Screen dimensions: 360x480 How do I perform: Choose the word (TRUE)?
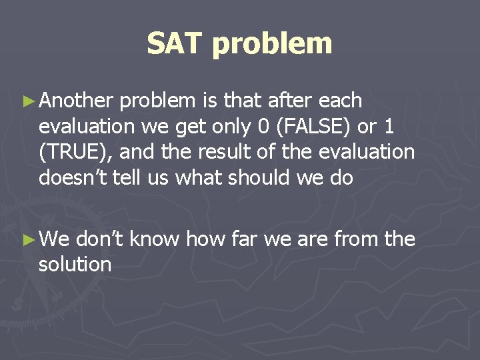coord(75,152)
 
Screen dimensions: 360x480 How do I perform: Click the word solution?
coord(75,264)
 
